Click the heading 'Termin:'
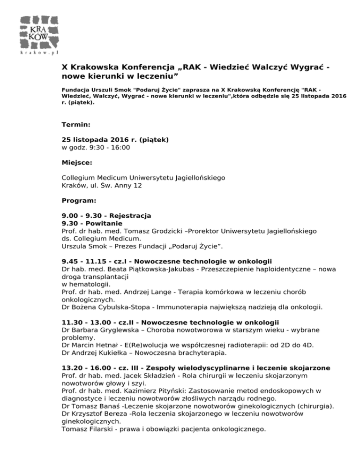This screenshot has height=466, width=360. tap(76, 125)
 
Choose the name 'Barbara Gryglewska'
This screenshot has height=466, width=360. tap(108, 330)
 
